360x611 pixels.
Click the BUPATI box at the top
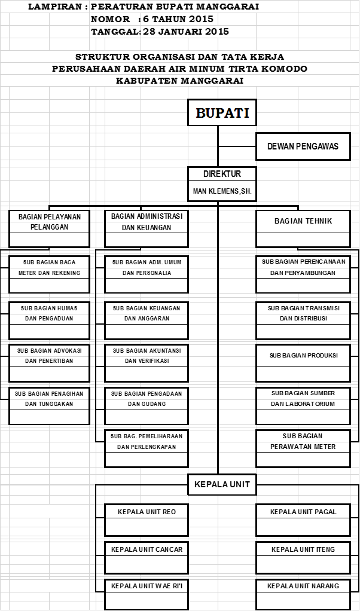[x=222, y=112]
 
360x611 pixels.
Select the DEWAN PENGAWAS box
[x=303, y=146]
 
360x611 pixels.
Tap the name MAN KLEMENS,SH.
[x=222, y=191]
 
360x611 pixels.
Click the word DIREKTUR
[x=222, y=174]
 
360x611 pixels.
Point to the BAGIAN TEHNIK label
[x=303, y=221]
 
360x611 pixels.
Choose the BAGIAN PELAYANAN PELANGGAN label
[x=50, y=222]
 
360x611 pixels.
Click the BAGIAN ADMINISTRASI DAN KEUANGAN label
[x=147, y=222]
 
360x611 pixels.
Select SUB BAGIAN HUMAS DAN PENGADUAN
[x=49, y=313]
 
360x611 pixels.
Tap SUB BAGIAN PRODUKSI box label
[x=304, y=355]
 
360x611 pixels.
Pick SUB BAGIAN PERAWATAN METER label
[x=303, y=441]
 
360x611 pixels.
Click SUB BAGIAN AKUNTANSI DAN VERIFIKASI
[x=147, y=356]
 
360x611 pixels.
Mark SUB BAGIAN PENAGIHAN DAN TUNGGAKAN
[x=49, y=399]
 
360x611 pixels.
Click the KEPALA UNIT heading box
[x=222, y=484]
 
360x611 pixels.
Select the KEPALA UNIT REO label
[x=147, y=512]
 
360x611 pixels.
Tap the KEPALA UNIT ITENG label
[x=303, y=549]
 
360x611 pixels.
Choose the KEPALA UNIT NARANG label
[x=303, y=586]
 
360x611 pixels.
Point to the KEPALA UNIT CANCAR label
[x=147, y=549]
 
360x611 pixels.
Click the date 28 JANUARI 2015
[x=186, y=32]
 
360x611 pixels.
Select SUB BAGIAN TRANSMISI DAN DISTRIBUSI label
[x=304, y=313]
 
